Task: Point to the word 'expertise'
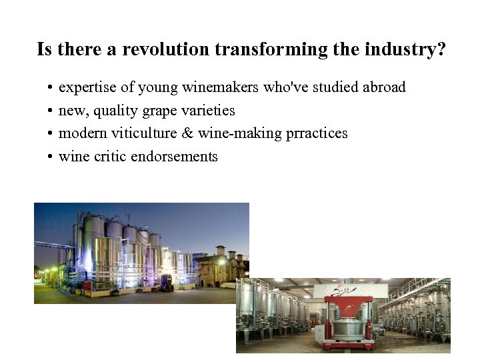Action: [x=83, y=87]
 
